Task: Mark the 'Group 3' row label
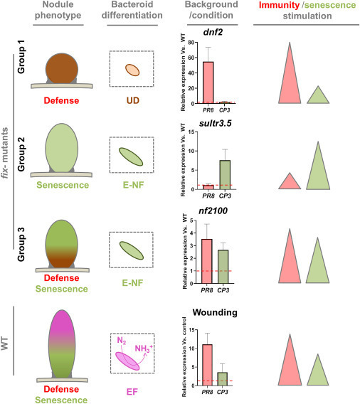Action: [19, 243]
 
